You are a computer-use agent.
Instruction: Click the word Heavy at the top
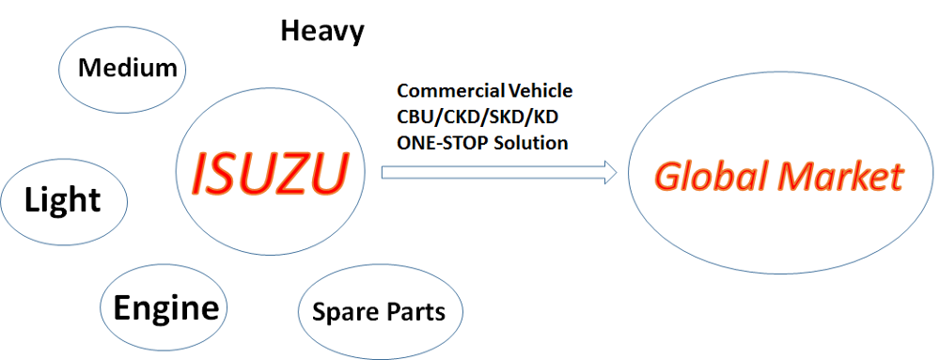pos(322,31)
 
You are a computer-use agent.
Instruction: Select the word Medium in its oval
pos(128,68)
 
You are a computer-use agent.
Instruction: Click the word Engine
pos(165,307)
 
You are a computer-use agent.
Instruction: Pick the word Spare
pos(344,311)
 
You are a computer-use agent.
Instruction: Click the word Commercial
pos(450,91)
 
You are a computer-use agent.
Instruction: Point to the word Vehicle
pos(540,91)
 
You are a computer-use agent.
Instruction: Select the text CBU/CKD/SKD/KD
pos(471,117)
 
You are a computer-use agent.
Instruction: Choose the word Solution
pos(532,143)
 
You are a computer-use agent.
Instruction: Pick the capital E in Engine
pos(122,307)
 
